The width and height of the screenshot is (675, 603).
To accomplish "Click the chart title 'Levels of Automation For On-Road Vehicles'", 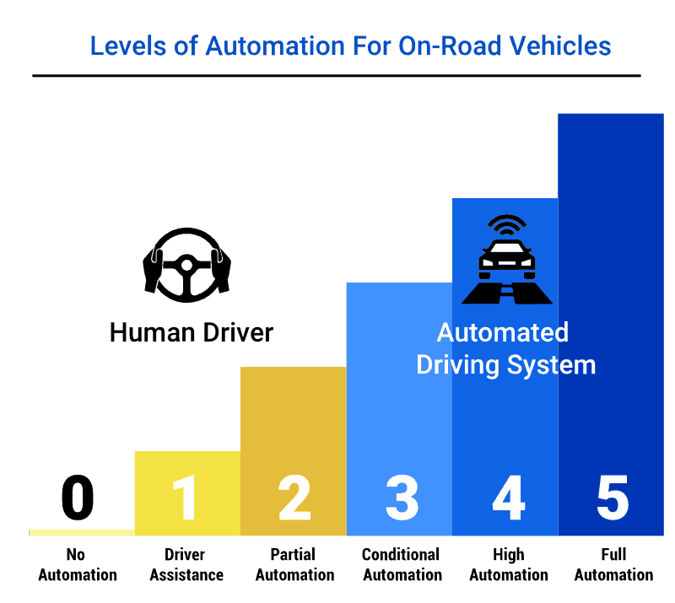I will click(x=350, y=46).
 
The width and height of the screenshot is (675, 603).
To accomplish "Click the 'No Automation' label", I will click(x=78, y=565).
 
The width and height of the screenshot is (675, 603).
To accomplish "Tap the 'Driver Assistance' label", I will click(x=186, y=565).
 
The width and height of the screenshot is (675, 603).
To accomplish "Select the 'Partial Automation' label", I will click(x=294, y=565).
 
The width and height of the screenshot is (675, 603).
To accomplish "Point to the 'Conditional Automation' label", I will click(x=401, y=565).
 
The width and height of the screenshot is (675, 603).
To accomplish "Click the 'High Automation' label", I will click(x=508, y=565).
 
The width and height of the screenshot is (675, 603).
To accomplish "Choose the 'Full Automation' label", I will click(x=613, y=565).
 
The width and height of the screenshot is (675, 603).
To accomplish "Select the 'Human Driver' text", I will click(x=192, y=332).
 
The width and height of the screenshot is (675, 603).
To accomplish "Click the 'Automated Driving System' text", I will click(x=505, y=348).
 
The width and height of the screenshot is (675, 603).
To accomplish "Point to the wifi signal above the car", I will click(x=506, y=227).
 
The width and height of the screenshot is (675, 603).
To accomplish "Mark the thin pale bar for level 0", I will click(x=81, y=532).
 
